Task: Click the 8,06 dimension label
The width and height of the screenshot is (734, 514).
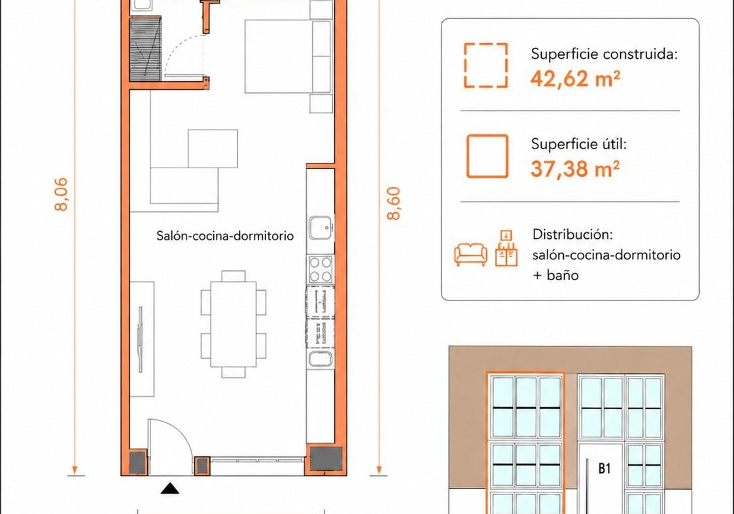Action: [x=61, y=194]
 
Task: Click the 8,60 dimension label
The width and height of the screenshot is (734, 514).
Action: [x=394, y=204]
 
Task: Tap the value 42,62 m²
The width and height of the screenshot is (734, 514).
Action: [x=575, y=79]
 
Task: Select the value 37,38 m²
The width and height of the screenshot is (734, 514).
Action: [x=575, y=169]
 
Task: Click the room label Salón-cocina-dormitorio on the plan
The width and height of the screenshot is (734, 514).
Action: [x=225, y=236]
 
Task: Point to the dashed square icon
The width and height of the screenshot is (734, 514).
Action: [x=486, y=65]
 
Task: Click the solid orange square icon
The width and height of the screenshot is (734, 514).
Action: [x=487, y=156]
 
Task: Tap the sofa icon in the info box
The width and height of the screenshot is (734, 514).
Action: [x=471, y=255]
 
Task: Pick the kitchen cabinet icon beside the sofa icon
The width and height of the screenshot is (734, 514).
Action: [x=506, y=248]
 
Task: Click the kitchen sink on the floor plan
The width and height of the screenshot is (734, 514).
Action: [x=321, y=228]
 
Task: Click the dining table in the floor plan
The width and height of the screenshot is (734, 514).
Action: [x=234, y=323]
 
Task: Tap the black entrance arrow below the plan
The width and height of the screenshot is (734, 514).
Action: [x=170, y=488]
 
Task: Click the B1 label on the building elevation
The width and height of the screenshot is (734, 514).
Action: [x=604, y=468]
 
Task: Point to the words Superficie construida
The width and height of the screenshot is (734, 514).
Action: [x=604, y=54]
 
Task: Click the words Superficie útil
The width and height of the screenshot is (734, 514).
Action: [x=578, y=144]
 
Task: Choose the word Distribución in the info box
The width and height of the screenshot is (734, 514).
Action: [x=572, y=234]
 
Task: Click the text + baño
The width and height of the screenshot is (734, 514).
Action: [x=555, y=275]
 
